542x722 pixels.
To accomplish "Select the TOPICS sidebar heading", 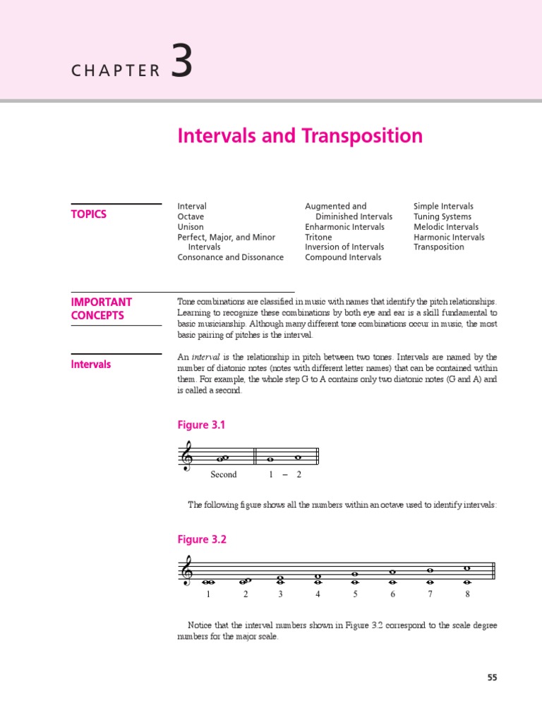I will (x=89, y=214).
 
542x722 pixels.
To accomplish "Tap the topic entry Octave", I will (x=191, y=216).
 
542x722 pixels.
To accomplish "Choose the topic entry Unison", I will (x=191, y=227).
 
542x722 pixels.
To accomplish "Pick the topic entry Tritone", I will (x=318, y=237).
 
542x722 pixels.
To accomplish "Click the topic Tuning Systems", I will (x=442, y=216).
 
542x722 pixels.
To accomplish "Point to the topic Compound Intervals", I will (x=343, y=257).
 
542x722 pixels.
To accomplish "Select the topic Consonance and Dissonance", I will (x=230, y=257).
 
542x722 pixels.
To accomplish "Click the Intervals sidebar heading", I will (x=91, y=365).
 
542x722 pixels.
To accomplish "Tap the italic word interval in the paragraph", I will (x=206, y=357).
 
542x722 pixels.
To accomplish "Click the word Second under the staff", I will (x=224, y=475).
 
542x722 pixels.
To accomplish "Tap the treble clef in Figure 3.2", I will (x=188, y=570).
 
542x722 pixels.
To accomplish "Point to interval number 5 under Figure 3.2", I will (x=356, y=594).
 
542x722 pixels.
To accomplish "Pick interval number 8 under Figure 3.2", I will (x=467, y=594).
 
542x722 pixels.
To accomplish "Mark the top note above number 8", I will (x=467, y=568).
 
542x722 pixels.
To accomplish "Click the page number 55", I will (x=492, y=678).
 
